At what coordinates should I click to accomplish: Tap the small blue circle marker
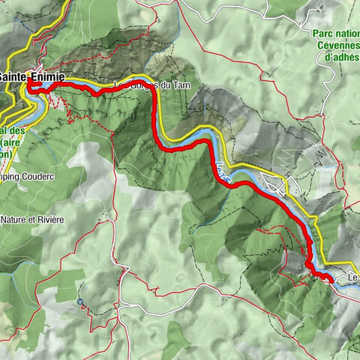tap(80, 301)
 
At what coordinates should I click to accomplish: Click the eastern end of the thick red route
tap(331, 279)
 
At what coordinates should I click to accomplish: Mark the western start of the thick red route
tap(31, 87)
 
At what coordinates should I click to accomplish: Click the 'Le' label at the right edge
tap(352, 279)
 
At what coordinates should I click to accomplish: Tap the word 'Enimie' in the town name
tap(46, 77)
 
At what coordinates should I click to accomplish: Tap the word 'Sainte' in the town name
tap(13, 77)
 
